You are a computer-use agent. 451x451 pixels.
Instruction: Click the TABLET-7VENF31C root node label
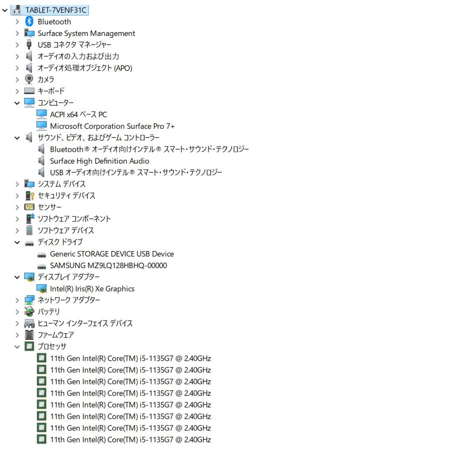(x=56, y=10)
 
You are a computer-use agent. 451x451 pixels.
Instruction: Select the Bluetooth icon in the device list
(x=30, y=22)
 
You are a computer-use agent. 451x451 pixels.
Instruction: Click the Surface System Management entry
(x=86, y=34)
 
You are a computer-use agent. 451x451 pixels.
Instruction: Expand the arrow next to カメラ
(x=18, y=80)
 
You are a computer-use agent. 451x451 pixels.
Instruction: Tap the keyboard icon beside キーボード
(x=30, y=91)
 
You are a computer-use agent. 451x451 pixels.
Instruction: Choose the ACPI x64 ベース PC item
(x=78, y=114)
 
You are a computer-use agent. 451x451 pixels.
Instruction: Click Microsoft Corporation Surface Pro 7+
(x=112, y=126)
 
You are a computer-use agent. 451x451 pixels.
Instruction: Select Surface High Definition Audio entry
(x=99, y=161)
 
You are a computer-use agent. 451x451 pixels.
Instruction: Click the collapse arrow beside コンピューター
(x=18, y=103)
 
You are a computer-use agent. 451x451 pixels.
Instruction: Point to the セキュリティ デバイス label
(x=66, y=195)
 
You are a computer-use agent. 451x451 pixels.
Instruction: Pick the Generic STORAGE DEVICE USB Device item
(x=112, y=254)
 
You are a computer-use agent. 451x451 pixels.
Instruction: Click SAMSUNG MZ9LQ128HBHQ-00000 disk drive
(x=108, y=266)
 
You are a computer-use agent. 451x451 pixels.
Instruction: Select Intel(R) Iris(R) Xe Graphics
(x=92, y=289)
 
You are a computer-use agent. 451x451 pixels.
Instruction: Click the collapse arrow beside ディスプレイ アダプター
(x=18, y=277)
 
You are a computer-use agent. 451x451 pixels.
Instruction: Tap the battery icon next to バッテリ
(x=30, y=312)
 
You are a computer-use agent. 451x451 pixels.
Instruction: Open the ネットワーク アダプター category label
(x=69, y=300)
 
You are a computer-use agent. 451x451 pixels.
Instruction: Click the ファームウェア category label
(x=56, y=335)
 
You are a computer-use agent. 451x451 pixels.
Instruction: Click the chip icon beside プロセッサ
(x=30, y=346)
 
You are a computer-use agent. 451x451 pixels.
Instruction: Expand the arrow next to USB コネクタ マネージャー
(x=18, y=45)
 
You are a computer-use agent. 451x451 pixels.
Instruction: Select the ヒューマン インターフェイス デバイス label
(x=85, y=323)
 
